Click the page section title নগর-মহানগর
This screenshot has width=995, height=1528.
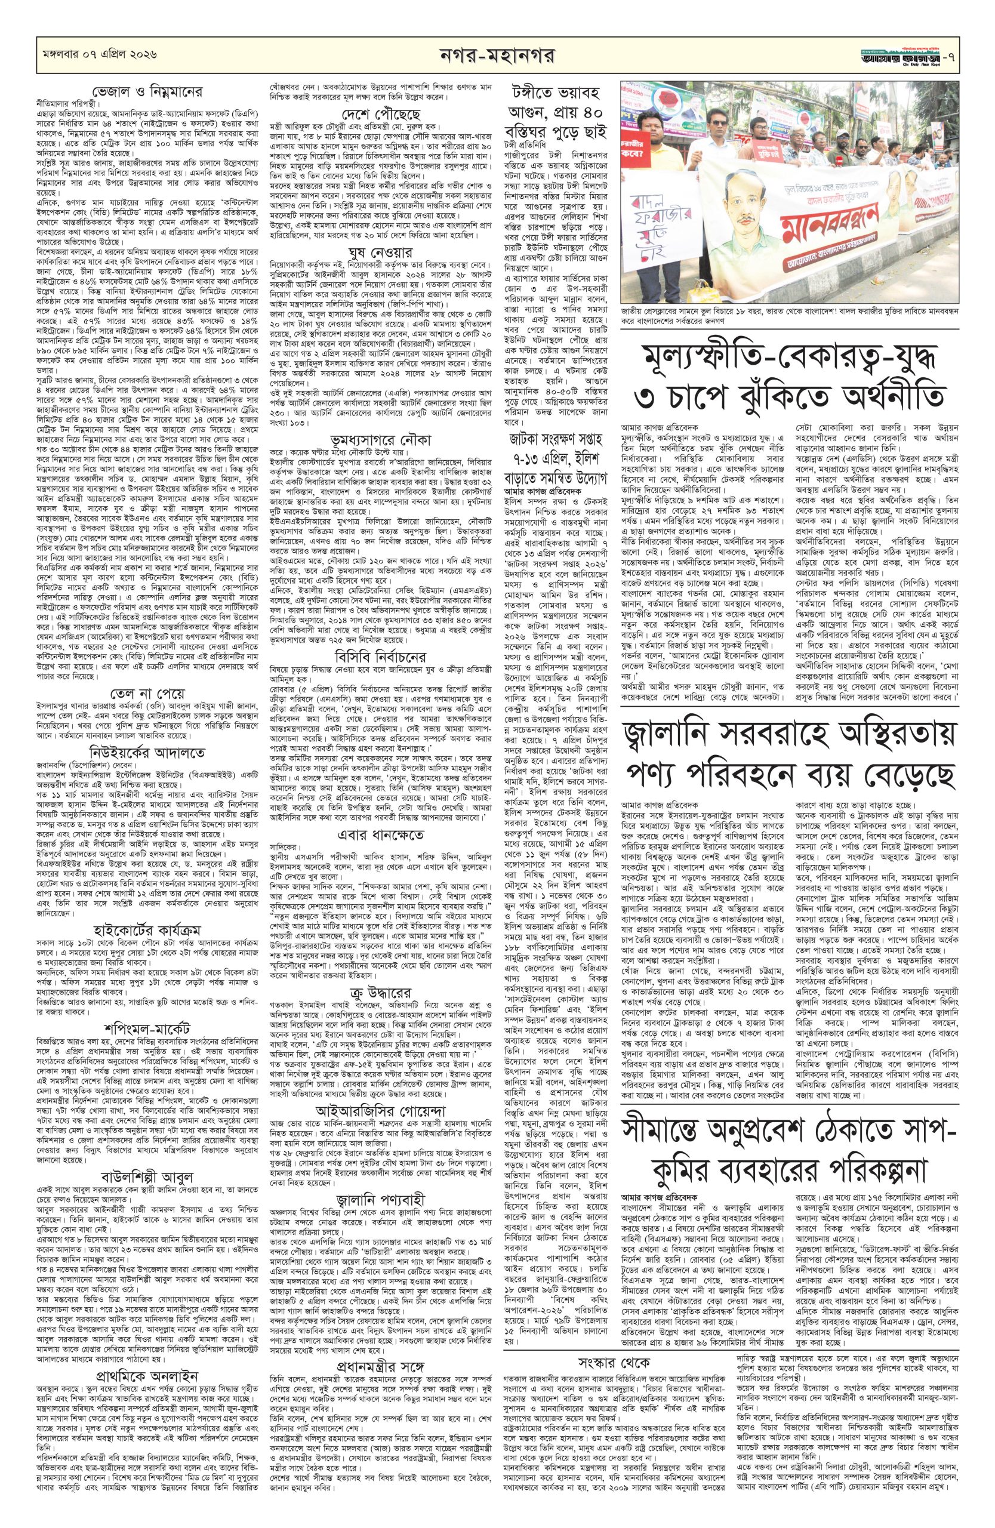[x=497, y=53]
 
